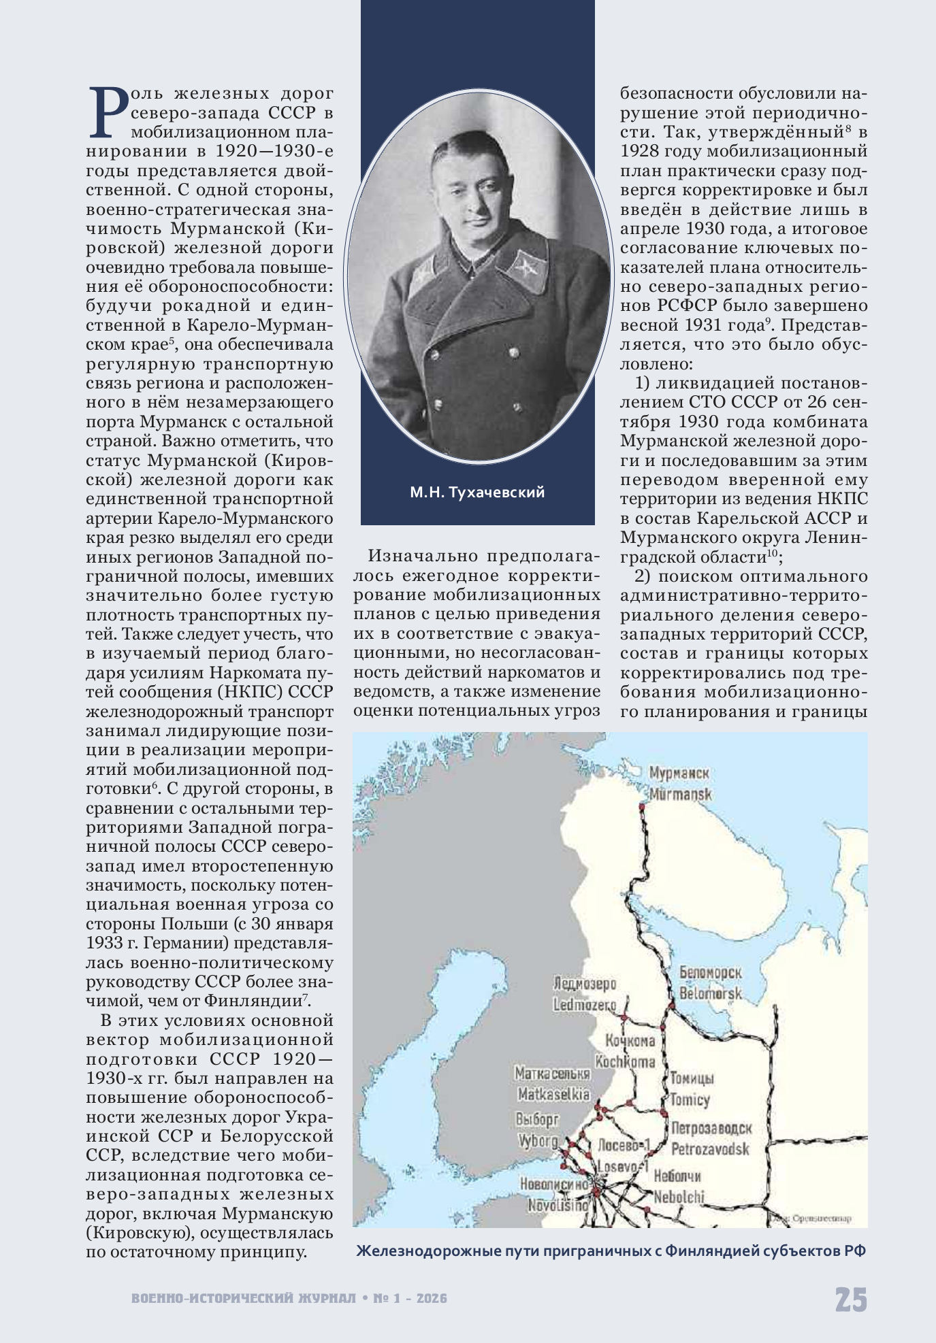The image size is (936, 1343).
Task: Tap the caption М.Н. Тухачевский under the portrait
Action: click(x=477, y=493)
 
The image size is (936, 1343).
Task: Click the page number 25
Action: click(x=851, y=1300)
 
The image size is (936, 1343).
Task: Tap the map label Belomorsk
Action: click(x=710, y=993)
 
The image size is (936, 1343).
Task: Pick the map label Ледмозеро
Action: click(x=585, y=984)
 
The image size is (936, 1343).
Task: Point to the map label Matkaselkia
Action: click(x=553, y=1095)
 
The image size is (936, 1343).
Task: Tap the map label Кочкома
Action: click(x=630, y=1040)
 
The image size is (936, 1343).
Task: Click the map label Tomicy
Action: click(x=690, y=1099)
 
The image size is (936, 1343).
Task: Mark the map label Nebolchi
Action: click(x=679, y=1197)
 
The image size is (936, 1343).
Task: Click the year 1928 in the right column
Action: click(x=640, y=150)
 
